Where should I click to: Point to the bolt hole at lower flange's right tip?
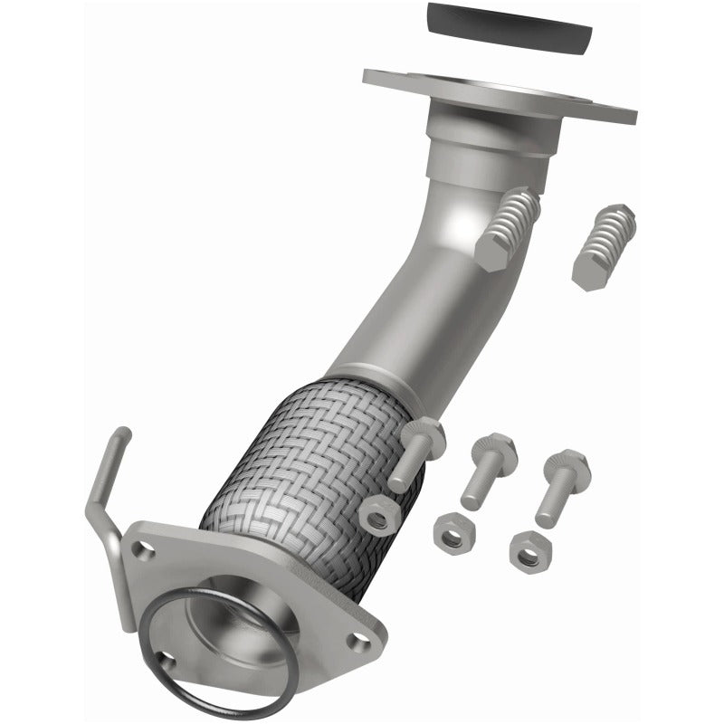pos(360,642)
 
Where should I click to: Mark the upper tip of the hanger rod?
pos(123,435)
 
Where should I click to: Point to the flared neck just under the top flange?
pos(489,145)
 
